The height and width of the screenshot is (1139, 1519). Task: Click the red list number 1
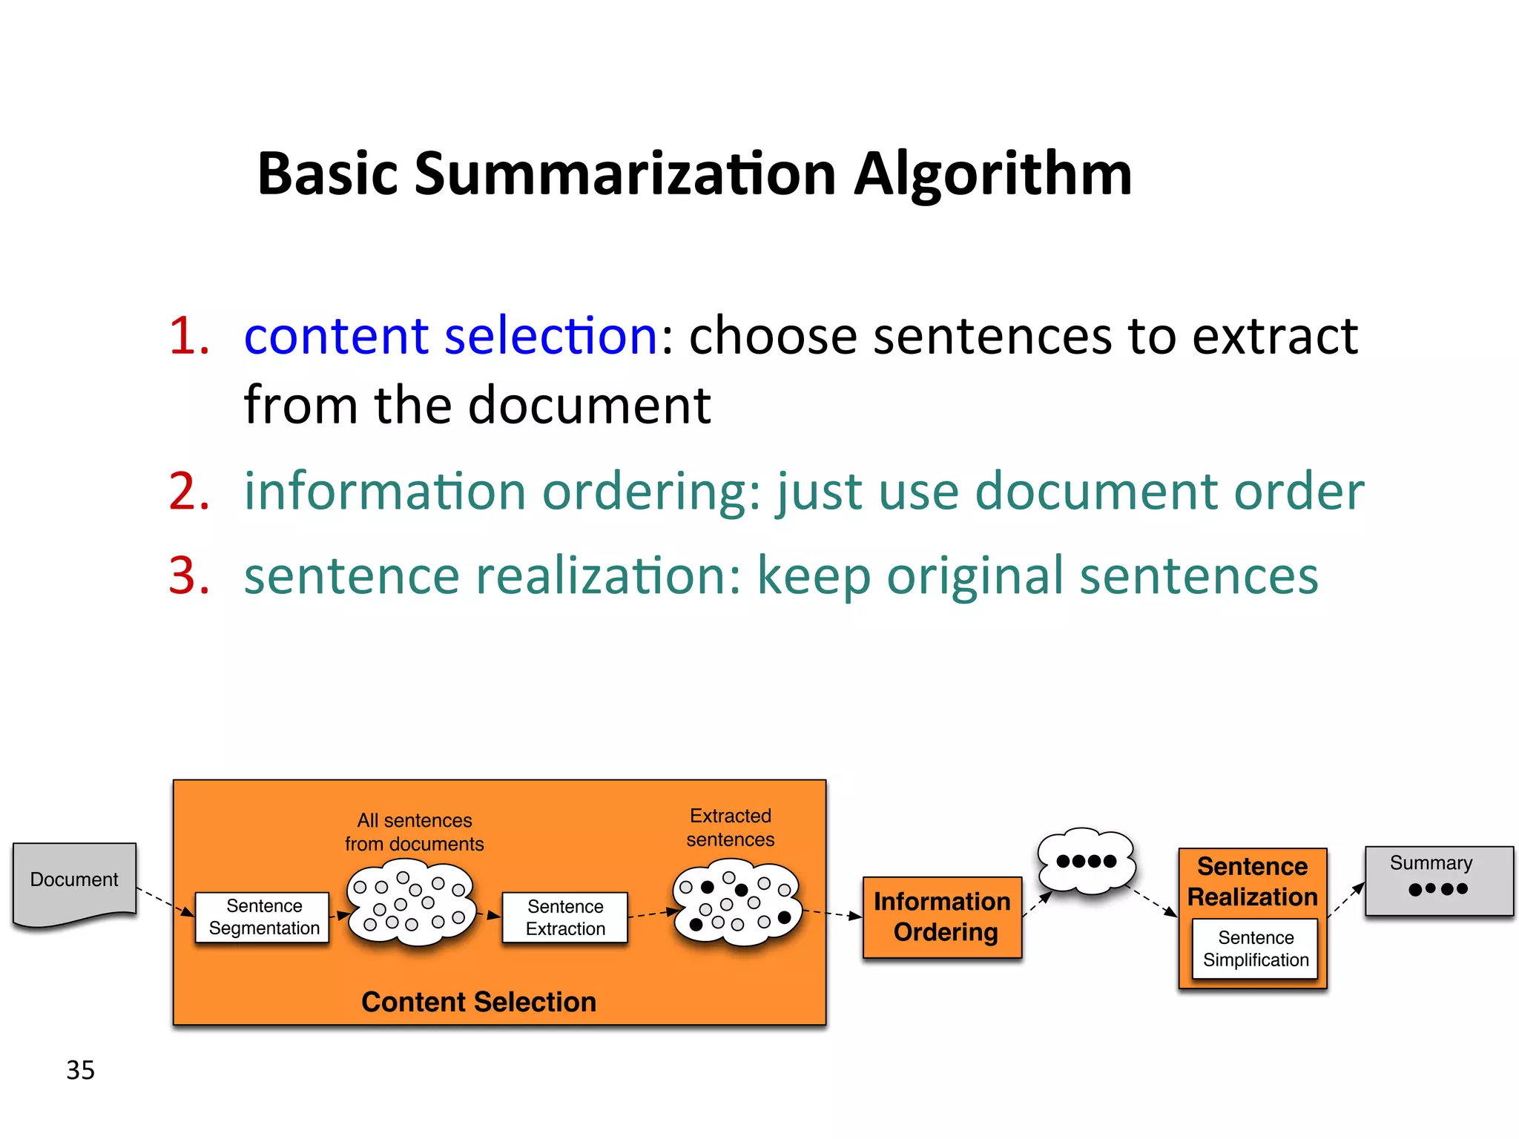click(x=188, y=336)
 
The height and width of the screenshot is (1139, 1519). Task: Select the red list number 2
click(x=188, y=492)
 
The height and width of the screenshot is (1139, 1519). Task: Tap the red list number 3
click(x=188, y=576)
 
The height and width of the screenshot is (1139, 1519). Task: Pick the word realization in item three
click(x=600, y=576)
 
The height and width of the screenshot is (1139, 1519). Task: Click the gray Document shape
click(x=74, y=882)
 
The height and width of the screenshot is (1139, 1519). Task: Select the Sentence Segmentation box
click(x=263, y=917)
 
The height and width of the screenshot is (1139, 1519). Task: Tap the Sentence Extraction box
click(x=565, y=918)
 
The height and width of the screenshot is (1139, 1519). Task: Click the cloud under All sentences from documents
click(x=411, y=902)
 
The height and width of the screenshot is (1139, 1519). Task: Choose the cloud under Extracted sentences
click(x=736, y=903)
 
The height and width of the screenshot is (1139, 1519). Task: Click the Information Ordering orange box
click(x=942, y=917)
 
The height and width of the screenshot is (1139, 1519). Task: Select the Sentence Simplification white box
click(x=1255, y=949)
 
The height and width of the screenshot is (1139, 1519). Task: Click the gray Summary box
click(x=1438, y=880)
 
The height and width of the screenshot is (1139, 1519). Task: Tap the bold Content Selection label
click(x=478, y=1002)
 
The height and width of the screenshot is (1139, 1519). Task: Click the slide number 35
click(x=80, y=1070)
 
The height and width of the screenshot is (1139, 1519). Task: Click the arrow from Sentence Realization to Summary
click(x=1346, y=900)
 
